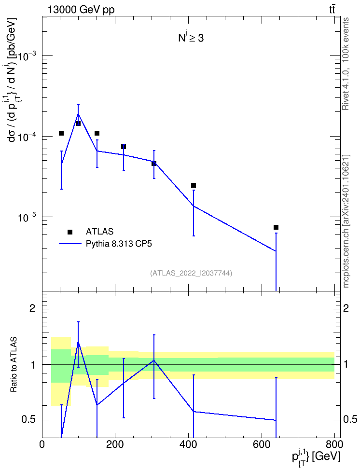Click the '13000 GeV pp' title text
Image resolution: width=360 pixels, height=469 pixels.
click(81, 10)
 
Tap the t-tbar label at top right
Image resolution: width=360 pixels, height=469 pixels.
click(332, 10)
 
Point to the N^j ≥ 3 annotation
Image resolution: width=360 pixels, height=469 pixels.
click(191, 38)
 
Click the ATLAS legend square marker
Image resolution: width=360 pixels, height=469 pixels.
click(70, 232)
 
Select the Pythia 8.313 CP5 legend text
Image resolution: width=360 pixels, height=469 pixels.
click(119, 244)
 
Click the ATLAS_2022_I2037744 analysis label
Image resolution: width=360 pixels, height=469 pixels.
click(191, 273)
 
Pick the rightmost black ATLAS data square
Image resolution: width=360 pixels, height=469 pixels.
click(276, 227)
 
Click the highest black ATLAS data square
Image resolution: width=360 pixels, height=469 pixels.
click(78, 123)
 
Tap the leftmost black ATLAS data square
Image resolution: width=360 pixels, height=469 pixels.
click(61, 133)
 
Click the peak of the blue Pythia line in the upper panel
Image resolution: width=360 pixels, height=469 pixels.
click(78, 114)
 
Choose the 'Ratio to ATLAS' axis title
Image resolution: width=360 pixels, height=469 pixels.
click(14, 365)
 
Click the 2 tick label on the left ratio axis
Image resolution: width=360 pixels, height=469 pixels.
click(32, 308)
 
